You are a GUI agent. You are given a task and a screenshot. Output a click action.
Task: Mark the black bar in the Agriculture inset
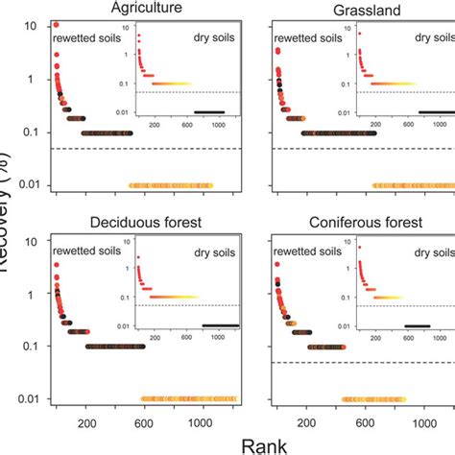pyautogui.click(x=208, y=112)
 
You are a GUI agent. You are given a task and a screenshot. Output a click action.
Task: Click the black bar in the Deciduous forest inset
pyautogui.click(x=208, y=326)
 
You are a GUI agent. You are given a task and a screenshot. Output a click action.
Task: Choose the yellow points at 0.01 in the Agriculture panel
pyautogui.click(x=171, y=185)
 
